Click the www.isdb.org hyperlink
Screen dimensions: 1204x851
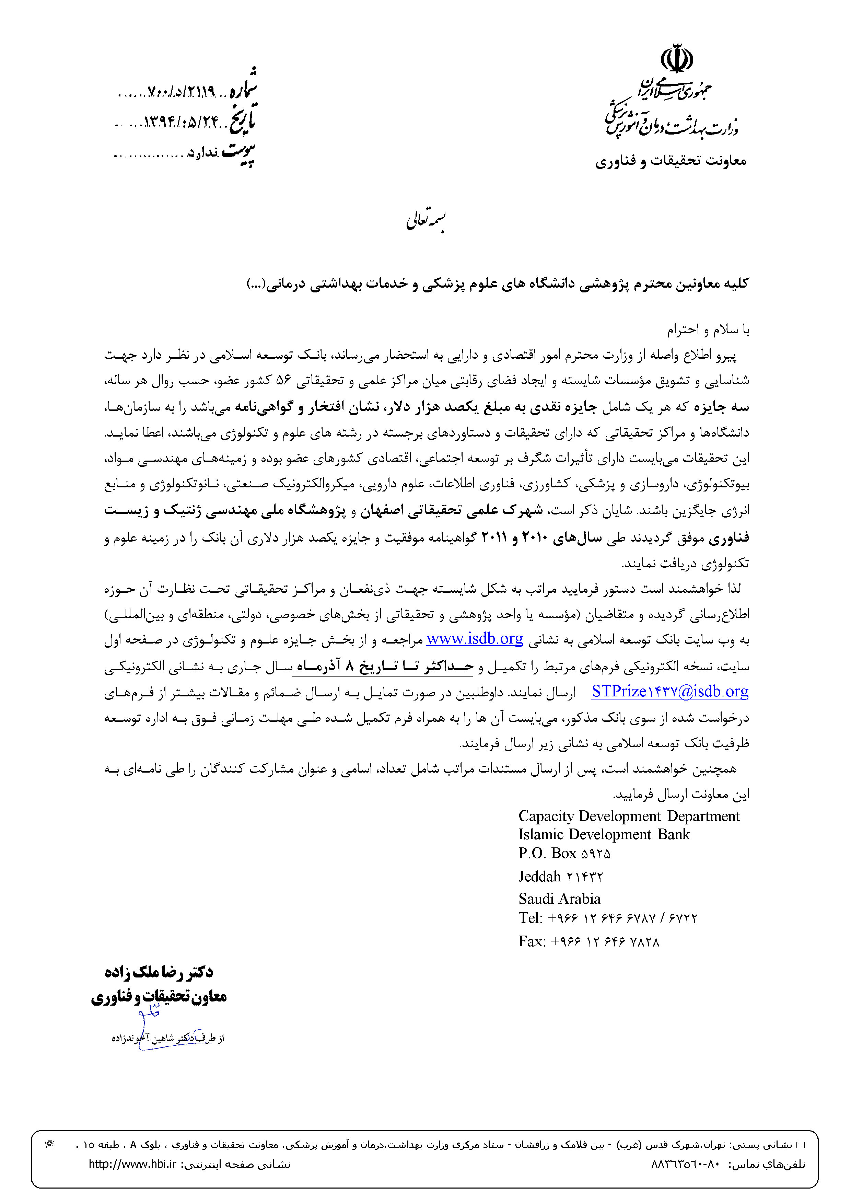coord(475,639)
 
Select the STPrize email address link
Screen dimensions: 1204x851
coord(669,692)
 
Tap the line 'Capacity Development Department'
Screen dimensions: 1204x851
coord(629,816)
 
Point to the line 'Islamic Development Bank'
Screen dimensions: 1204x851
coord(604,834)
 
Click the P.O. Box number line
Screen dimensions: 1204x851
coord(564,854)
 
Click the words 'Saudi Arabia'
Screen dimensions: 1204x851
coord(559,899)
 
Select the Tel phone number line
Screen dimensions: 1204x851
coord(608,918)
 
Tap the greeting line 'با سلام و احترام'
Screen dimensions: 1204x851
coord(708,329)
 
